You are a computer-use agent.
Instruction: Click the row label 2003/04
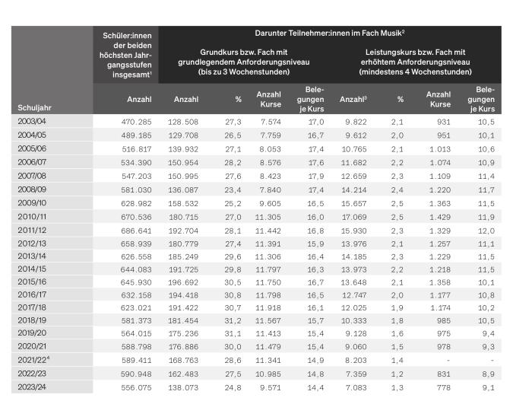[32, 121]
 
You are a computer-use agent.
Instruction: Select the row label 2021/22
[32, 360]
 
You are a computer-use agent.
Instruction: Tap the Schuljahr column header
[34, 108]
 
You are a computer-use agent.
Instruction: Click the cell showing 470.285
[137, 122]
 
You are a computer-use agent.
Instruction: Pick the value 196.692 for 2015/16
[183, 282]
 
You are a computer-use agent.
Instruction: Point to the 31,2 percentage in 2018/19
[233, 321]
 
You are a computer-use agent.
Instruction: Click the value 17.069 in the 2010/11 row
[354, 217]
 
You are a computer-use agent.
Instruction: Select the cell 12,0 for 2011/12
[486, 231]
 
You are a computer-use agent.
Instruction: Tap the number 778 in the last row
[444, 387]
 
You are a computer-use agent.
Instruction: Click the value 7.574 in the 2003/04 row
[271, 122]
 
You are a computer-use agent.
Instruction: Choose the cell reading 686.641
[137, 231]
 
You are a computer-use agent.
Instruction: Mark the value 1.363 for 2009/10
[440, 203]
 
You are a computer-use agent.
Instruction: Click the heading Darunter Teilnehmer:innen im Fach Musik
[330, 33]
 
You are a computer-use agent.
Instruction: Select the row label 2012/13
[32, 243]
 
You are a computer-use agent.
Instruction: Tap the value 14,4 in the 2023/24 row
[315, 387]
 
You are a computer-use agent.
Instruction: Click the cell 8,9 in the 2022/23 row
[489, 374]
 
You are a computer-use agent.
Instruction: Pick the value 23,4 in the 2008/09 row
[233, 189]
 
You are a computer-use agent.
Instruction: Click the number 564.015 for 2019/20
[137, 333]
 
